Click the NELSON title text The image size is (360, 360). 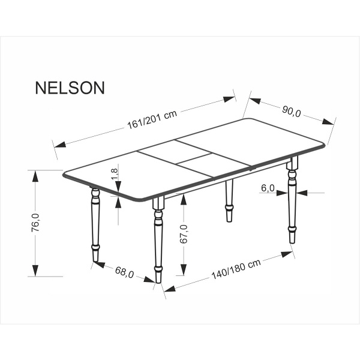(x=70, y=88)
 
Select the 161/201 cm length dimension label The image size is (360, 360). (x=152, y=120)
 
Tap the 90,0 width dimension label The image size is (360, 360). (x=291, y=112)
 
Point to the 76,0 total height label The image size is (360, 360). (x=35, y=223)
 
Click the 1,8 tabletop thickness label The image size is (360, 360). (x=115, y=174)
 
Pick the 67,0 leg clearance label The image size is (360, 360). (x=184, y=234)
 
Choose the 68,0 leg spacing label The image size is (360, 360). (x=124, y=272)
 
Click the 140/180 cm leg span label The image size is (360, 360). (x=236, y=269)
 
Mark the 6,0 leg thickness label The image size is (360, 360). (x=268, y=188)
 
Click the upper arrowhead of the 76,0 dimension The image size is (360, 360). (x=35, y=176)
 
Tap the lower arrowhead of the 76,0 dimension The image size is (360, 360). (x=35, y=271)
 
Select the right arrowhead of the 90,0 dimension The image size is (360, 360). (x=328, y=122)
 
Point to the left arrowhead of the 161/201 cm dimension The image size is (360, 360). (x=60, y=145)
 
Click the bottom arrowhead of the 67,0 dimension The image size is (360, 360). (x=184, y=269)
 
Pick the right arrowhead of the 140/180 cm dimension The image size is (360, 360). (x=287, y=254)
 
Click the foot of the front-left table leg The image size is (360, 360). (x=96, y=255)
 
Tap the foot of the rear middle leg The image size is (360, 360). (x=229, y=217)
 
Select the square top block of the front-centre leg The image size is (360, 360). (x=158, y=203)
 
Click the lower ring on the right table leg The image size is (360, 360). (x=292, y=229)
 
